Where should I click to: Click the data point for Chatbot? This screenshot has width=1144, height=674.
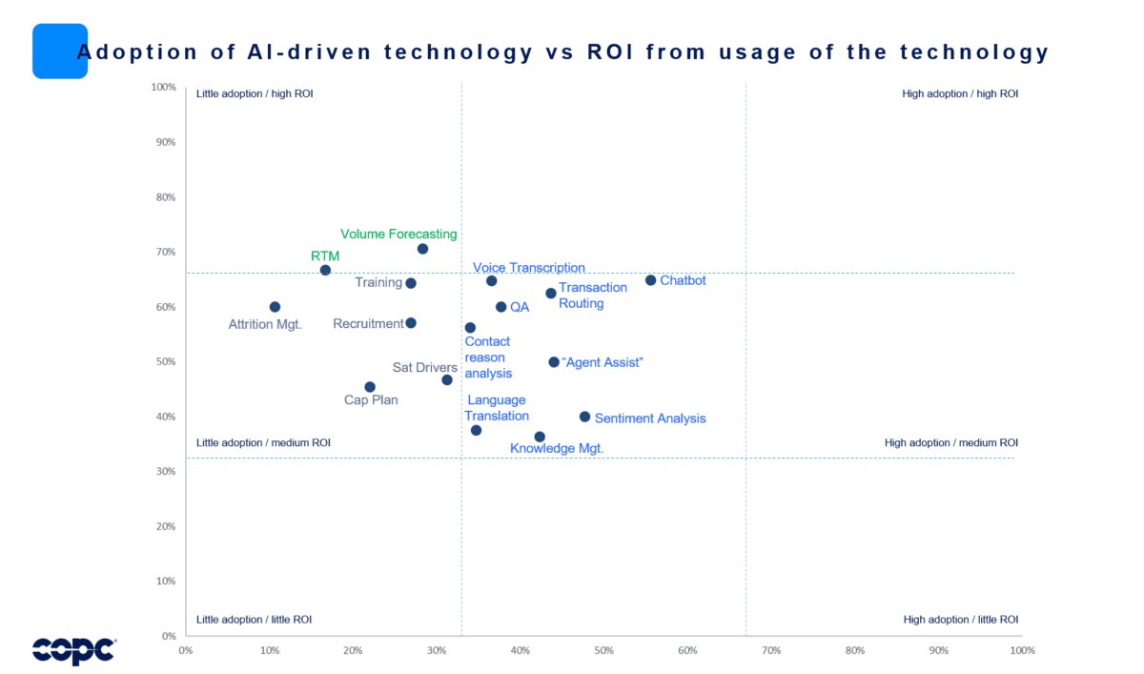(x=650, y=280)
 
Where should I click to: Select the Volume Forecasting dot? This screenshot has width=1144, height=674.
(x=422, y=249)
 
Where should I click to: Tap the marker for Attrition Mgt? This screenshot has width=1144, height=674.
(x=275, y=307)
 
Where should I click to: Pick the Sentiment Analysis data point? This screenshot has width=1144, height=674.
(x=584, y=417)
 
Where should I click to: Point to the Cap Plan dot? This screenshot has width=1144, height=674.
(x=370, y=387)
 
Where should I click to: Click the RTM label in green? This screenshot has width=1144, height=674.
(x=325, y=255)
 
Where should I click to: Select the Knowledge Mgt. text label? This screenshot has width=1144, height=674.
(x=557, y=448)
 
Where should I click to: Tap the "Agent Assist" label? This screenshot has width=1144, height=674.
(x=603, y=362)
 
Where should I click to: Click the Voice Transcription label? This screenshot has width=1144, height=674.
(x=529, y=268)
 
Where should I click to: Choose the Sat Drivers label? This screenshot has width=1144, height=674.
(x=425, y=367)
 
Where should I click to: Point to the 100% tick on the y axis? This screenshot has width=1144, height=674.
(x=164, y=88)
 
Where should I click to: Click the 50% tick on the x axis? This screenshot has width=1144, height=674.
(x=603, y=650)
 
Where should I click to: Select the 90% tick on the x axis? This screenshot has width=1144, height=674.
(x=938, y=650)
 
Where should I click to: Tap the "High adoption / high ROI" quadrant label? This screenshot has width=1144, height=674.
(x=960, y=93)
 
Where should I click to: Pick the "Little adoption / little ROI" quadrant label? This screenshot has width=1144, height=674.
(x=254, y=619)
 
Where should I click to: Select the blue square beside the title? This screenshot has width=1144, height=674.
(x=59, y=51)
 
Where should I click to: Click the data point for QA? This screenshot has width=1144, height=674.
(x=500, y=307)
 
